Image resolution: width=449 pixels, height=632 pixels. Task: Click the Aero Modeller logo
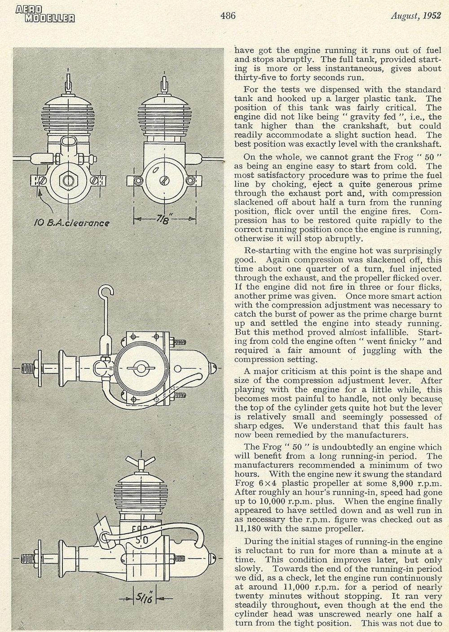(45, 14)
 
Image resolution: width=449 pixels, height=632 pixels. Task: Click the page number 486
(228, 16)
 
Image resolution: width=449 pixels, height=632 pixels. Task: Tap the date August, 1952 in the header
(415, 16)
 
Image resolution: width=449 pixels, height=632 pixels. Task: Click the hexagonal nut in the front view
(68, 180)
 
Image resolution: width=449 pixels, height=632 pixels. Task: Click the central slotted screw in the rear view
(164, 181)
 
